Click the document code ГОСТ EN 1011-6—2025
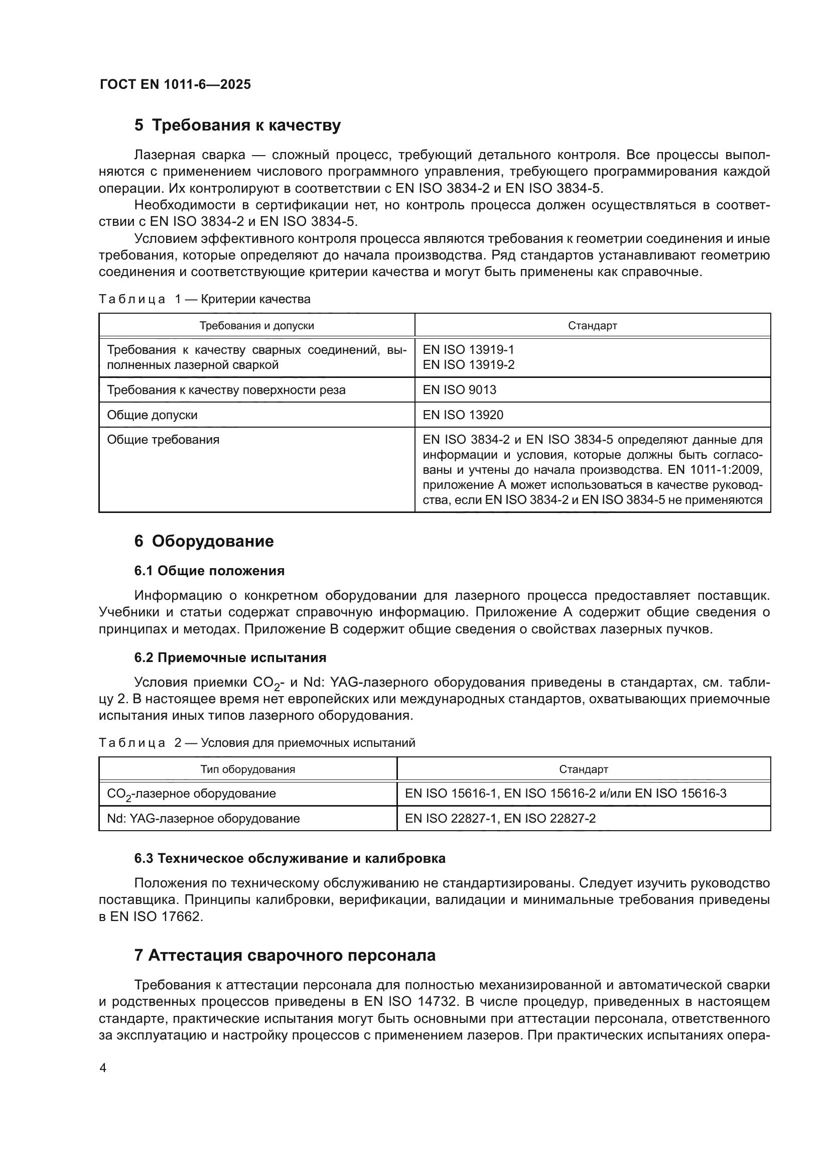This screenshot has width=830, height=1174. point(175,85)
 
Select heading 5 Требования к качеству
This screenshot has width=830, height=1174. point(237,125)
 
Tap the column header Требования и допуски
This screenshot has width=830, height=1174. point(256,326)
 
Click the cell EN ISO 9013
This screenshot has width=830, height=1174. point(460,390)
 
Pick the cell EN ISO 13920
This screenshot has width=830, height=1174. point(463,415)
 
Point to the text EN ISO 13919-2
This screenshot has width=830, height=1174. point(468,365)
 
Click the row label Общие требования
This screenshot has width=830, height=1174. point(163,440)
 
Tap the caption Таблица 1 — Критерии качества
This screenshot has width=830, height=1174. point(204,299)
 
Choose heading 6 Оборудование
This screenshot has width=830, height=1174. point(204,542)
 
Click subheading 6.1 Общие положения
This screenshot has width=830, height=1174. point(210,571)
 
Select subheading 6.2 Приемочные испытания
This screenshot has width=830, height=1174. point(230,658)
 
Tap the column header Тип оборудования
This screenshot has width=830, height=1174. point(247,769)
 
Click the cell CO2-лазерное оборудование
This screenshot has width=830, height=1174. point(191,794)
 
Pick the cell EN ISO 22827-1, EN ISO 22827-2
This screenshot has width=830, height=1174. point(500,819)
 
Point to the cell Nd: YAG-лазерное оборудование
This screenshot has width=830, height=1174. point(203,819)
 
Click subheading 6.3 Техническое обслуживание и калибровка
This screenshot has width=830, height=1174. point(290,858)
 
